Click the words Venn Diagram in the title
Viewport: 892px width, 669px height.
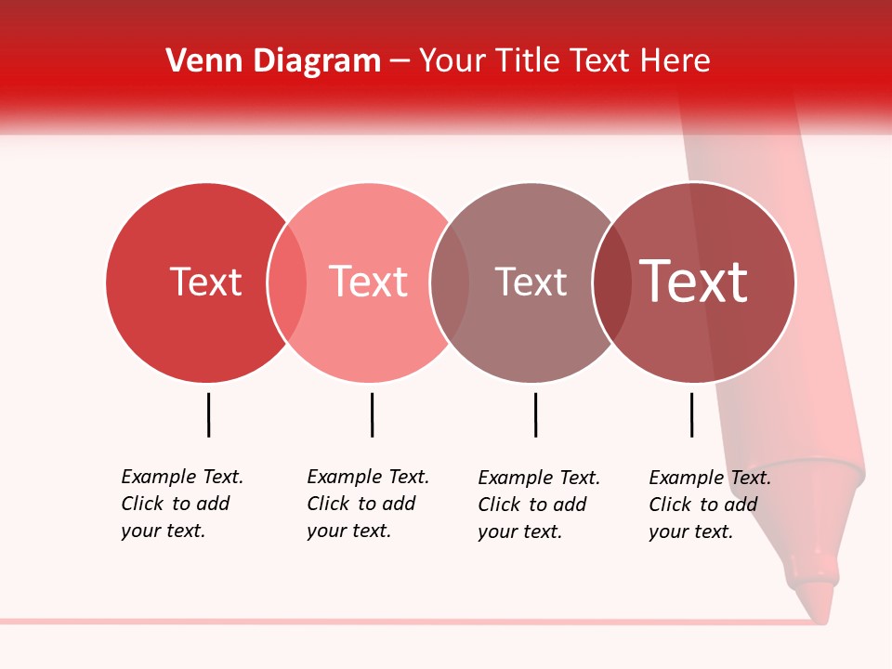click(273, 61)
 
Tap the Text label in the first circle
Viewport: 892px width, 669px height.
click(205, 282)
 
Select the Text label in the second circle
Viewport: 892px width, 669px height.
click(368, 282)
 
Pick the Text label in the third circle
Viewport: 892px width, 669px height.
click(531, 282)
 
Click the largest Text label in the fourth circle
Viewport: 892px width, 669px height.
click(693, 281)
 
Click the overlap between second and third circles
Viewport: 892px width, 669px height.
click(449, 282)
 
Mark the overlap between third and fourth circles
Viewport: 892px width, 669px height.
click(611, 282)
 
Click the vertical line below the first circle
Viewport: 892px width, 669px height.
click(208, 414)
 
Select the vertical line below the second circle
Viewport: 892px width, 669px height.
click(372, 414)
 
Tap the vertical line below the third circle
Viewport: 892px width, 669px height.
click(535, 414)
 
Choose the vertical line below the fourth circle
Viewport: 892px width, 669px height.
click(691, 414)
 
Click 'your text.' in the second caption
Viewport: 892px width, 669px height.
click(348, 531)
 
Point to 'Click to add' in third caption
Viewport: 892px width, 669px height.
click(532, 505)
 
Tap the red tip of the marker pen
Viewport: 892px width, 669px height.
click(816, 601)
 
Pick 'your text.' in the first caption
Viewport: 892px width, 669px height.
click(163, 531)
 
